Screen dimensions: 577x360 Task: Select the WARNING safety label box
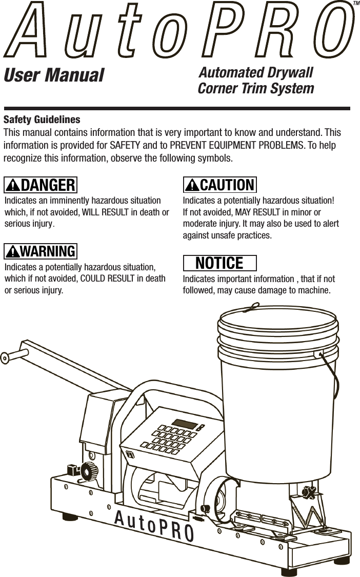41,251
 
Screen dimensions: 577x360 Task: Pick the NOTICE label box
220,263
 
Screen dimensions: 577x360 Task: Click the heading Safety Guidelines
42,120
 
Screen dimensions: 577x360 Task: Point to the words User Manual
54,76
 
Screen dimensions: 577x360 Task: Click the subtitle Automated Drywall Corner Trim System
256,80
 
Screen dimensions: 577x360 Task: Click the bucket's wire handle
333,374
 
